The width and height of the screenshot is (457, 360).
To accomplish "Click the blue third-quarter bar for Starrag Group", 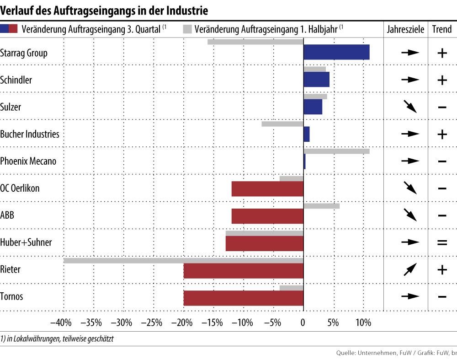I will tap(336, 52).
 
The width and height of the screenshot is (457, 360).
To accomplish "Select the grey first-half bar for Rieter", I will tap(183, 261).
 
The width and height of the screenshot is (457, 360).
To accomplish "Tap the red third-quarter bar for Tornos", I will tap(243, 298).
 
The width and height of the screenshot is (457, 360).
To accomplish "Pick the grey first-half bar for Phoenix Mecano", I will tap(336, 151).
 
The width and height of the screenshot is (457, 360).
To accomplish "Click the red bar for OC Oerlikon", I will tap(267, 189).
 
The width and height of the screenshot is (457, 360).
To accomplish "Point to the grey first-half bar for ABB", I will tap(321, 206).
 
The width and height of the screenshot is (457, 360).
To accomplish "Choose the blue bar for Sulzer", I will tap(313, 107).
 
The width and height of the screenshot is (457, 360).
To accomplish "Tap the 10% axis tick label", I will tap(363, 323).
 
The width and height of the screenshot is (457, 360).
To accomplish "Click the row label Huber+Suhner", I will tap(26, 242).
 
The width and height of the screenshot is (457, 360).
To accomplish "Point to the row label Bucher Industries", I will tap(30, 134).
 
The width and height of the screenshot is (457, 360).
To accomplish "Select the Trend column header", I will tap(441, 29).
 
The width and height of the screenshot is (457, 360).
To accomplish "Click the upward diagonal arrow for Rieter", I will tap(410, 269).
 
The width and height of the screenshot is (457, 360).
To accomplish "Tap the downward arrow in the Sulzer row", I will tap(410, 107).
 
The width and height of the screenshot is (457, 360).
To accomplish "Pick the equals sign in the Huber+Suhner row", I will tap(442, 242).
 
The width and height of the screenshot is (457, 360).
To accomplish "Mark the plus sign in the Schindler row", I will tap(442, 80).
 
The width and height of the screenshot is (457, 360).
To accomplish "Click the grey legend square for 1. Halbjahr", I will tap(186, 29).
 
